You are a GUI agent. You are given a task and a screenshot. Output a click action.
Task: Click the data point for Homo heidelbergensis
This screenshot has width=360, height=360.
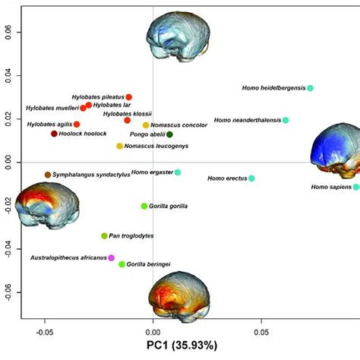tap(310, 88)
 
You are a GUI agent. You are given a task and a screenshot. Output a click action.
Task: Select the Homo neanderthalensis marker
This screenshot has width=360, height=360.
tap(286, 120)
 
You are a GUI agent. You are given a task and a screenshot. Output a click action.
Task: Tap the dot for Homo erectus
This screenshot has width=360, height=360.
tap(251, 178)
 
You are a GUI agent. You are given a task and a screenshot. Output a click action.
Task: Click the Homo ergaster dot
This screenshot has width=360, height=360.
tap(178, 172)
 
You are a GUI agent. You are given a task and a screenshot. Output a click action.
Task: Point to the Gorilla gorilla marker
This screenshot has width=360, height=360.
tap(144, 206)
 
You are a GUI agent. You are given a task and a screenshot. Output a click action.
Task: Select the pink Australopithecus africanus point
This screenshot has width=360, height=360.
tap(112, 258)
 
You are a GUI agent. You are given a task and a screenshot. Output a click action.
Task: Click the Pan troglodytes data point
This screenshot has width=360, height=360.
tap(105, 236)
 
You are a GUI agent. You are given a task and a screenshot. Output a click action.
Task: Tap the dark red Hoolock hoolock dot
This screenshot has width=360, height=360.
tap(54, 134)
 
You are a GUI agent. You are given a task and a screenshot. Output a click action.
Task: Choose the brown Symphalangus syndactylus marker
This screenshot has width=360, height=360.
tap(48, 175)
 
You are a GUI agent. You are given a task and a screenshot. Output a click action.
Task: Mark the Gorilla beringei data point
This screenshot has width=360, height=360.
tap(122, 264)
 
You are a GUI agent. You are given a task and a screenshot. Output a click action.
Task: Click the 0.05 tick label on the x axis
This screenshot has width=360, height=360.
tap(262, 331)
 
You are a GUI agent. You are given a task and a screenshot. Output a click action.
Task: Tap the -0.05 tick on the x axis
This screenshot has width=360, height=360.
tap(44, 331)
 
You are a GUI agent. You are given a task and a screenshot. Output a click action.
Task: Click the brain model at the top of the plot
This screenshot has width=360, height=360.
tap(177, 42)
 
